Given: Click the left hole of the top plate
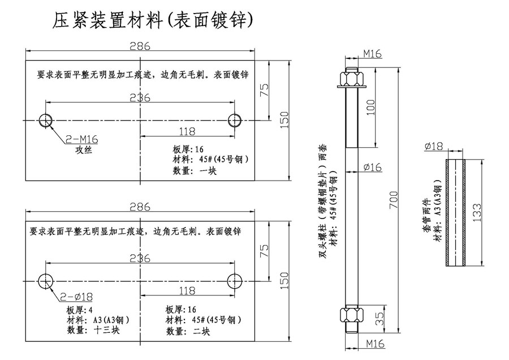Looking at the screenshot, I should point(46,120).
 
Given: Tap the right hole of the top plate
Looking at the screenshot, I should point(235,120).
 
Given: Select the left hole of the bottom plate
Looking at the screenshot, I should point(46,280).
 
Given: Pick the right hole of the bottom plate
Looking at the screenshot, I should point(235,280).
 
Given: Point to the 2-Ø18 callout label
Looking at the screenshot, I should point(81,296).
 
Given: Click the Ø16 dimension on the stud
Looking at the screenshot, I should point(372,167).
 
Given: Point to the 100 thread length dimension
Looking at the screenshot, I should point(370,107).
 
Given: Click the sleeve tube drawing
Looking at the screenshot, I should point(456,212).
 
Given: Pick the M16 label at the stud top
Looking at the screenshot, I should point(372,54).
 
